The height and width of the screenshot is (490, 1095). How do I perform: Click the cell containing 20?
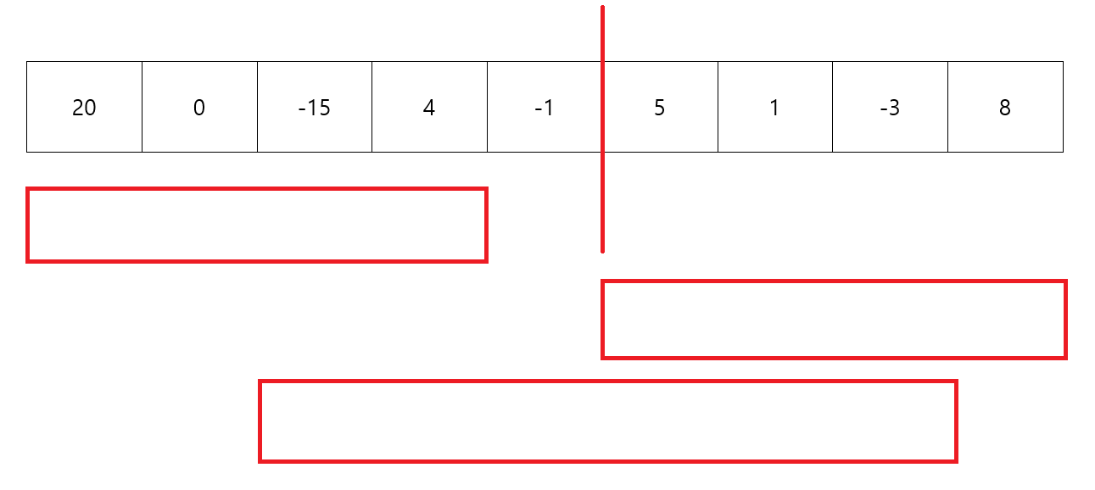click(84, 108)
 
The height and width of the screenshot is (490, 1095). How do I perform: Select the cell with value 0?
click(199, 108)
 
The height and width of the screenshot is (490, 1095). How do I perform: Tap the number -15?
click(314, 108)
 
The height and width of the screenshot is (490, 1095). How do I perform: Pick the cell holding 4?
click(429, 108)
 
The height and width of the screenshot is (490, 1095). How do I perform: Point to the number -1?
click(544, 108)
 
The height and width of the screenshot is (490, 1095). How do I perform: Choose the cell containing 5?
click(660, 108)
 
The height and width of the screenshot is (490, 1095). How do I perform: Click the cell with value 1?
click(774, 108)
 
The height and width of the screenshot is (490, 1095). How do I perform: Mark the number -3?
click(890, 108)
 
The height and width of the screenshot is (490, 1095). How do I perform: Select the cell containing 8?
click(1005, 108)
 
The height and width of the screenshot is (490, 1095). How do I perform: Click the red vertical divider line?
click(602, 195)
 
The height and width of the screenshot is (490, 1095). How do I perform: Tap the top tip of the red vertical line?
click(602, 8)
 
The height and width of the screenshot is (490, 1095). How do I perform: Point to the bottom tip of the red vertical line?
click(602, 251)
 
